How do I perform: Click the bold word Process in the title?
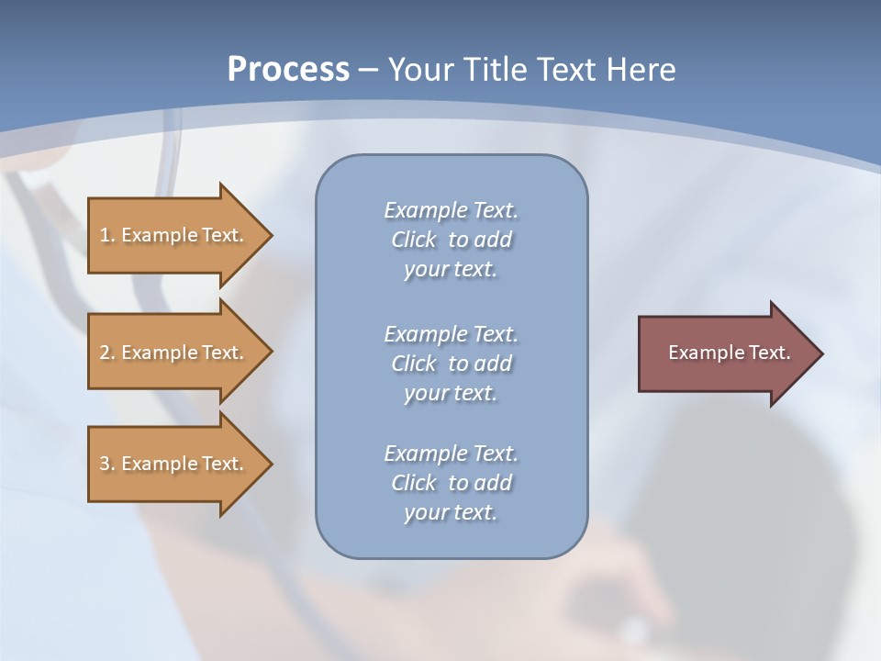click(288, 70)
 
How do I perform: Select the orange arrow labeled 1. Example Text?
click(174, 235)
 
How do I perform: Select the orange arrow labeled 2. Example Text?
click(174, 353)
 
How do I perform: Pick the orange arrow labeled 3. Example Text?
click(174, 464)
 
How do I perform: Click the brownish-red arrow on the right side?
click(725, 353)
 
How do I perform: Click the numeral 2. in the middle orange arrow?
click(106, 353)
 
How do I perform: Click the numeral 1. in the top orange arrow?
click(106, 235)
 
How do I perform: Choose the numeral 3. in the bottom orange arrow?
click(106, 464)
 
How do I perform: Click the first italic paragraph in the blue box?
click(451, 240)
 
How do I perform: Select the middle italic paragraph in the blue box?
click(451, 364)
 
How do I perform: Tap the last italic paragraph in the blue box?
click(451, 483)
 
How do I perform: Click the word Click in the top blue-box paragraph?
click(413, 241)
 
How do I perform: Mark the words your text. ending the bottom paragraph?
click(450, 513)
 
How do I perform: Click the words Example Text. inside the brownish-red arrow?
click(729, 353)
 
